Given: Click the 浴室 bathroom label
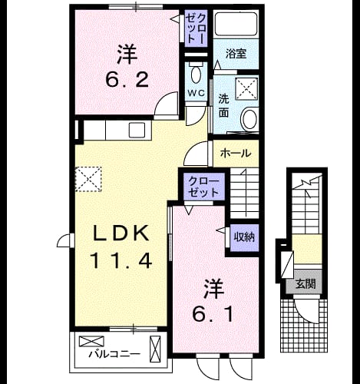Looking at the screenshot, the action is click(x=236, y=54).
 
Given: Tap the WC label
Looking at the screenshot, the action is click(x=197, y=93).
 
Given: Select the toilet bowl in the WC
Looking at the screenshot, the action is click(x=197, y=74).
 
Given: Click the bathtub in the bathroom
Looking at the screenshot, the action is click(x=236, y=24).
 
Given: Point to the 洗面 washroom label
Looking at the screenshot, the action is click(x=223, y=106).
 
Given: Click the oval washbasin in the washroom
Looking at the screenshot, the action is click(x=249, y=119).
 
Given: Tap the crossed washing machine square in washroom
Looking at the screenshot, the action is click(x=246, y=88).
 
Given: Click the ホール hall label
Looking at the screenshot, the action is click(x=236, y=154).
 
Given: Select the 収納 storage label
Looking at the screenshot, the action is click(x=244, y=237).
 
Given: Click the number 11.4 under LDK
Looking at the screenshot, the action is click(x=120, y=260).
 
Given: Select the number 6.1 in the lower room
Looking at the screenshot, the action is click(x=213, y=313).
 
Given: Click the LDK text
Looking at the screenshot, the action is click(x=121, y=233).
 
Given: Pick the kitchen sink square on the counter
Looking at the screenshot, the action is click(x=137, y=130).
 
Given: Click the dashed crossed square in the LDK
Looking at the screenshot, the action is click(x=88, y=179).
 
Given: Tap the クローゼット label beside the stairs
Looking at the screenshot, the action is click(x=204, y=187).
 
